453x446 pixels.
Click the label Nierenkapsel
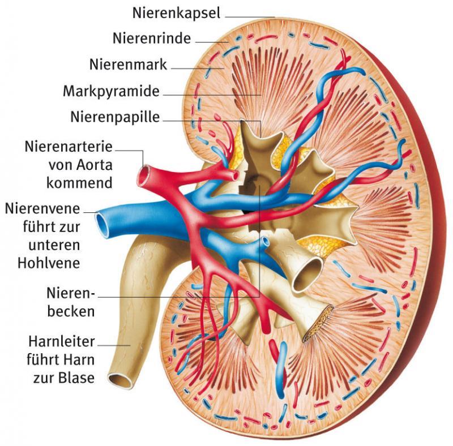(x=176, y=12)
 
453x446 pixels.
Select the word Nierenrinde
(x=152, y=39)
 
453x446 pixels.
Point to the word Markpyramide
(x=111, y=91)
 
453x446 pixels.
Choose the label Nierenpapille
(x=116, y=118)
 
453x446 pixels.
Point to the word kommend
(x=79, y=183)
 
